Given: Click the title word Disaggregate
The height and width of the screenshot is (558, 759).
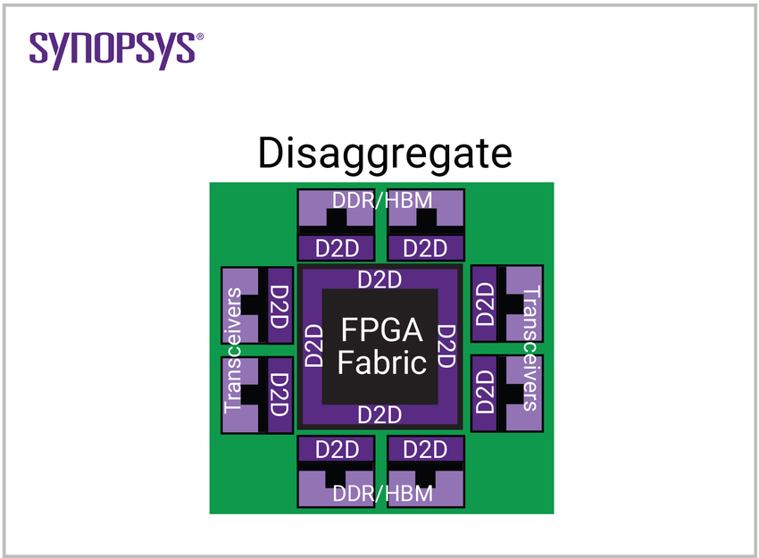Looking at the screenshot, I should [x=385, y=154].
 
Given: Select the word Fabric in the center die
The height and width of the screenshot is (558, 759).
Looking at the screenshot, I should [x=381, y=362].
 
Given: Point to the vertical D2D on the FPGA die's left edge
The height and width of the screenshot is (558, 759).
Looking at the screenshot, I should [x=313, y=346].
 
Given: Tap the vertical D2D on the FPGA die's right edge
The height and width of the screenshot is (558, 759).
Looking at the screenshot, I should [x=447, y=346].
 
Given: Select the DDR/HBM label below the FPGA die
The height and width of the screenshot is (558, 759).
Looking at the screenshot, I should [x=381, y=493].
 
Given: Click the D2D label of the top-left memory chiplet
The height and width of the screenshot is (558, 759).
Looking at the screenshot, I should [x=336, y=247].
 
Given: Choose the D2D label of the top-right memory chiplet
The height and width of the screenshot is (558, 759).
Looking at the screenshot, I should [x=425, y=247].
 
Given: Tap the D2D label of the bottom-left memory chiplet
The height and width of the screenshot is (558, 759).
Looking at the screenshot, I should [x=336, y=449].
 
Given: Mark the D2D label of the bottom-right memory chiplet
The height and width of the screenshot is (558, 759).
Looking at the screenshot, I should [x=425, y=449].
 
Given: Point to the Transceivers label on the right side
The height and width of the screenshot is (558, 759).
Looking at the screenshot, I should [x=531, y=348].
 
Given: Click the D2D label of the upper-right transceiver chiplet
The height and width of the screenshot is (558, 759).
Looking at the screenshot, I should [x=485, y=304].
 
